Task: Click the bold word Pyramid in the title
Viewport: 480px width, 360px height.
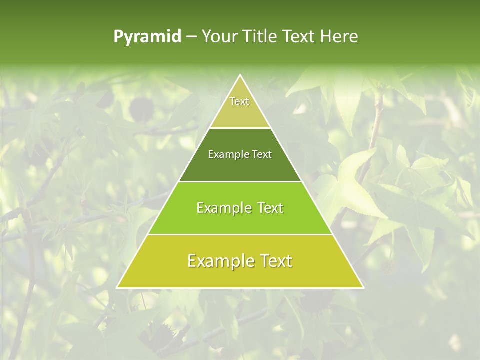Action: click(147, 37)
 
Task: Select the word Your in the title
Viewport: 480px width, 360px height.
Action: click(218, 37)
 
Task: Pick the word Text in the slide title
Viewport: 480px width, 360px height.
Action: click(300, 37)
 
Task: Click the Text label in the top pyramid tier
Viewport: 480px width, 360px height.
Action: click(239, 102)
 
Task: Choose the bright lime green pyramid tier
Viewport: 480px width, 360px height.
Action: click(240, 220)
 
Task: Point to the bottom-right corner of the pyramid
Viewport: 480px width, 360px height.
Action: click(363, 288)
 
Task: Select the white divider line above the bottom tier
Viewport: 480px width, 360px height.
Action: click(240, 234)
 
